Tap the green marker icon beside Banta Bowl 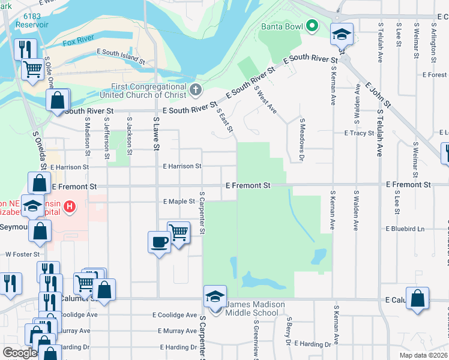tap(312, 26)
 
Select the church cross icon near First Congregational tap(194, 91)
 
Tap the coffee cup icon tap(159, 242)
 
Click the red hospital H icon tap(70, 208)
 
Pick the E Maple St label tap(179, 202)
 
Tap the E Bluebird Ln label tap(405, 229)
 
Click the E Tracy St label tap(359, 133)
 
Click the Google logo tap(20, 353)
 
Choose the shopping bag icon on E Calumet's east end tap(417, 298)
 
